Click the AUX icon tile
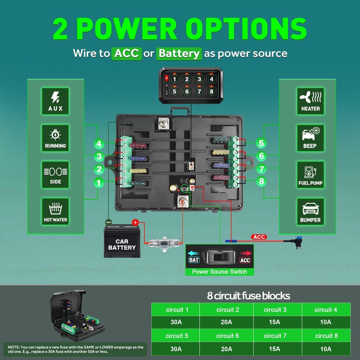click(55, 101)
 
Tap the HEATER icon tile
click(310, 101)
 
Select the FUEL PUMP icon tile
click(310, 175)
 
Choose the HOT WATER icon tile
click(55, 211)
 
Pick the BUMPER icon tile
click(310, 211)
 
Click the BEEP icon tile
click(310, 138)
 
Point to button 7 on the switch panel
click(199, 92)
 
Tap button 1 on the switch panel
click(174, 79)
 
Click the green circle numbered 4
click(99, 144)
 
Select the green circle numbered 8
click(261, 181)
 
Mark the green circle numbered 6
click(261, 156)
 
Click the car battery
click(122, 241)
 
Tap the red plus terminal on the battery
click(135, 222)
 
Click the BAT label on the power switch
click(194, 260)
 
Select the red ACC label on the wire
click(259, 237)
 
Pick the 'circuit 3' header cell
click(275, 310)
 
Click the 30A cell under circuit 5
click(176, 349)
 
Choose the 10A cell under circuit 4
click(326, 322)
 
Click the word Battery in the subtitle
click(179, 54)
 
